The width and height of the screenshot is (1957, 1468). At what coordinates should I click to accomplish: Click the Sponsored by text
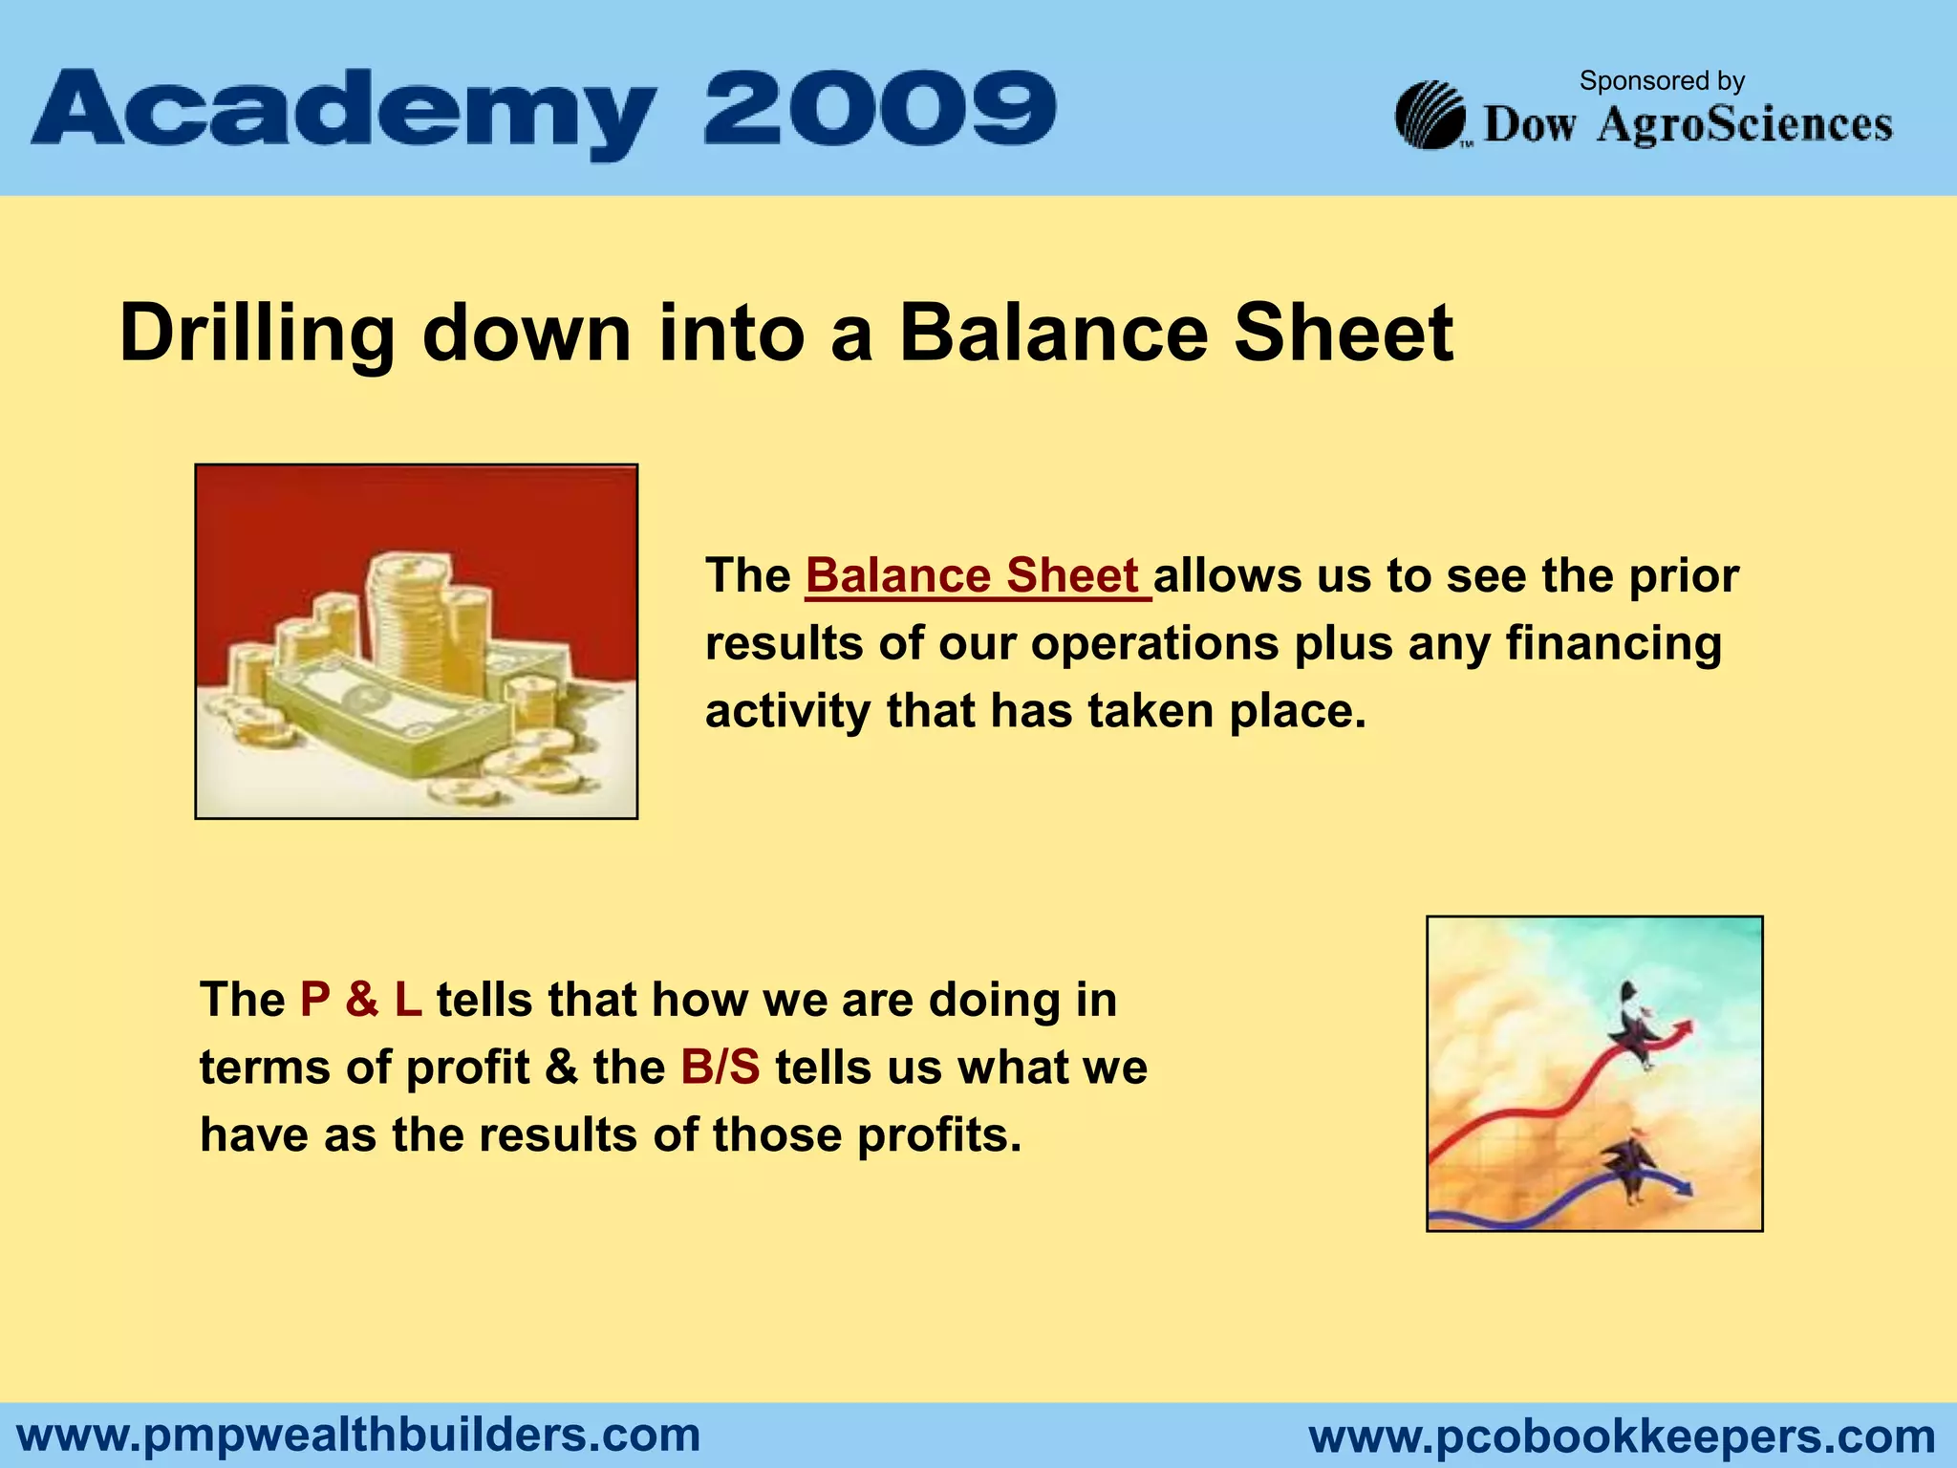point(1662,81)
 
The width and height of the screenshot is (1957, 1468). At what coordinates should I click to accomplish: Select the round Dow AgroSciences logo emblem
point(1430,116)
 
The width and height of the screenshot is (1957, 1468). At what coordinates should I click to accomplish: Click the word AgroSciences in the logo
point(1745,124)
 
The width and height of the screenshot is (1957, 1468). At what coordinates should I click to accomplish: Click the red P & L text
point(360,1000)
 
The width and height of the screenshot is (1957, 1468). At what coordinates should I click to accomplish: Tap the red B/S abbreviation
point(720,1068)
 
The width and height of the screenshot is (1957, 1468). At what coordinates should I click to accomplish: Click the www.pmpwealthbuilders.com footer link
point(359,1435)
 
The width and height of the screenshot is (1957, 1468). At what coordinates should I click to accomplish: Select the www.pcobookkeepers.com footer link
point(1622,1436)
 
